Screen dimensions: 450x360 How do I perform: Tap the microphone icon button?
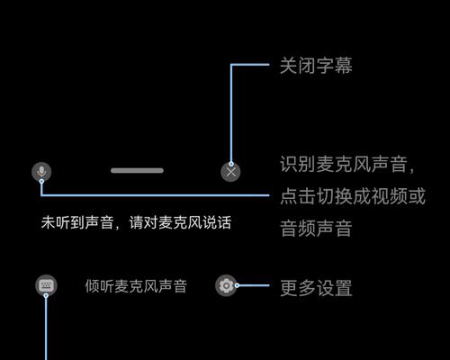pos(41,172)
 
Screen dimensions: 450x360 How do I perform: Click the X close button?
pos(230,172)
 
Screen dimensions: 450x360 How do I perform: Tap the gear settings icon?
pos(226,285)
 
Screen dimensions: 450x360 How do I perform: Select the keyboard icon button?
pos(46,285)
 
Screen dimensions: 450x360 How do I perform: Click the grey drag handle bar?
pos(137,170)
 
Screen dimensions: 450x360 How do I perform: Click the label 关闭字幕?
pos(316,66)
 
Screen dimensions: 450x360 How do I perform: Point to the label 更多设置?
pos(316,288)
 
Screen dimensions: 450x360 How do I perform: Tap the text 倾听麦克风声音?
pos(136,286)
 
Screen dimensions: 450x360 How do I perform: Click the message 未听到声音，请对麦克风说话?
pos(136,222)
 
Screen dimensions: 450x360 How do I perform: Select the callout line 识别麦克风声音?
pos(347,165)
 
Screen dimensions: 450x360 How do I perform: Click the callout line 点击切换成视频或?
pos(353,196)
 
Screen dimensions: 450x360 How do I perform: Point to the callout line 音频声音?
pos(316,228)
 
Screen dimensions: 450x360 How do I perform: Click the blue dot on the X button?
pos(231,164)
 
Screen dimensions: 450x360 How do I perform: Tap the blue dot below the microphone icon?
pos(41,181)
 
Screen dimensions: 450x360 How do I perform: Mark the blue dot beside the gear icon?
pos(237,285)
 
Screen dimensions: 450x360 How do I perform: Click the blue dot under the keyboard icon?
pos(46,295)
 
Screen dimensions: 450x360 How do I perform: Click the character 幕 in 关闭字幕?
pos(344,66)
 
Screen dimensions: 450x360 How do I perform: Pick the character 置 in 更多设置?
pos(344,288)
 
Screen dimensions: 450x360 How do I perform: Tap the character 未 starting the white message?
pos(48,222)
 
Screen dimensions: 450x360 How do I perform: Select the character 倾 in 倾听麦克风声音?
pos(92,286)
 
